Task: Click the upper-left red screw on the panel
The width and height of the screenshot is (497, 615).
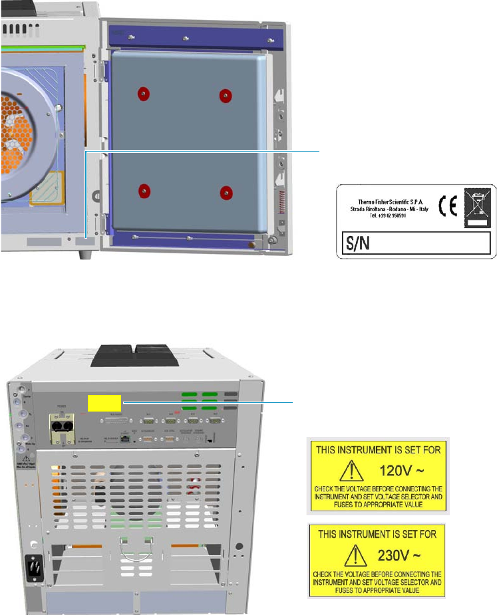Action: click(x=143, y=94)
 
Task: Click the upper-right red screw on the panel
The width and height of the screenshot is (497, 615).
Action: click(x=226, y=96)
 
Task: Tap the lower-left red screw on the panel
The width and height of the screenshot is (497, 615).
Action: click(x=144, y=191)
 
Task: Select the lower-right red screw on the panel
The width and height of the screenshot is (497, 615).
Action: click(x=226, y=193)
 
